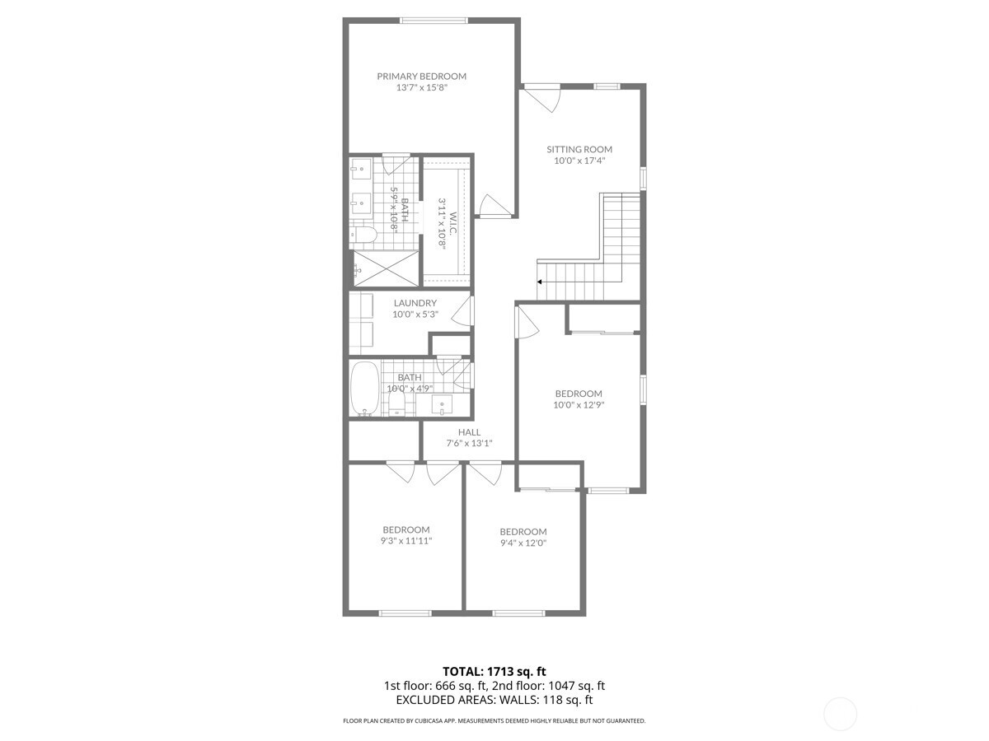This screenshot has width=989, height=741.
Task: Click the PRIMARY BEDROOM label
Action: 421,76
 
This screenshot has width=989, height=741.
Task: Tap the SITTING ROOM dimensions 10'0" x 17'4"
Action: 579,161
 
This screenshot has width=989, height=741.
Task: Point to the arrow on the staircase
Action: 540,282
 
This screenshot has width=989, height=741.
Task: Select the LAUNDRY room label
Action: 415,303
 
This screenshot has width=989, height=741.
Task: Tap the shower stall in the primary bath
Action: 386,268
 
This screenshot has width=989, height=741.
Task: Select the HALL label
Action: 469,432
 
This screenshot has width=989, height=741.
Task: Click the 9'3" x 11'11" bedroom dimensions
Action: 405,541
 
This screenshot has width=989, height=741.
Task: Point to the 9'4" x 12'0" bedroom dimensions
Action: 523,543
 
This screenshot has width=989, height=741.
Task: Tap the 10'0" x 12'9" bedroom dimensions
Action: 578,405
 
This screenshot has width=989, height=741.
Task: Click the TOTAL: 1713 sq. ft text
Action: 494,672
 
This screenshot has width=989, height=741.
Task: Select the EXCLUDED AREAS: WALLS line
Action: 494,700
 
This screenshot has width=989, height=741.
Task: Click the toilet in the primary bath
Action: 363,235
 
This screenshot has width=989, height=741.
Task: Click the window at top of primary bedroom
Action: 433,21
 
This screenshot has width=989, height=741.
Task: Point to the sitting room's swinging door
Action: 544,98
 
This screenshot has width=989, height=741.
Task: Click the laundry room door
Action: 465,310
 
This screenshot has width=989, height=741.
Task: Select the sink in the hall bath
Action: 442,404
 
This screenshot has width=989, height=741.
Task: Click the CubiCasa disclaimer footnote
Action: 494,721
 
